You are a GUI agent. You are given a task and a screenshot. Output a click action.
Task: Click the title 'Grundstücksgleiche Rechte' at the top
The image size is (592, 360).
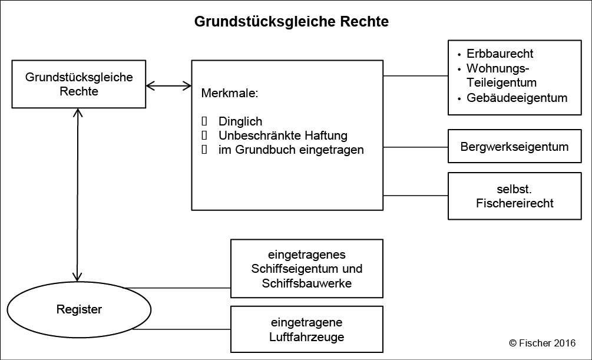tap(292, 22)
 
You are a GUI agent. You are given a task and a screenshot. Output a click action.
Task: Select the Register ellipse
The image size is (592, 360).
tap(79, 309)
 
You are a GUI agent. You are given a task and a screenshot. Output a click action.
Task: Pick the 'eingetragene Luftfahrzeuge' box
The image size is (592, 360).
tap(307, 330)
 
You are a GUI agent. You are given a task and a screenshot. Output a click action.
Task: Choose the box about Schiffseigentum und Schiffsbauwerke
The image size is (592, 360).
tap(307, 269)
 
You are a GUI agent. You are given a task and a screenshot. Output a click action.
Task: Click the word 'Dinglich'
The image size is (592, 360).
tap(240, 122)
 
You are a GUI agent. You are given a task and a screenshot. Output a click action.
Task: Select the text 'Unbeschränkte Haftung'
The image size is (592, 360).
tap(283, 136)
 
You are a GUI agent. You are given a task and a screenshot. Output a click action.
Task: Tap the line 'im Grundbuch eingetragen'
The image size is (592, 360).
tap(291, 150)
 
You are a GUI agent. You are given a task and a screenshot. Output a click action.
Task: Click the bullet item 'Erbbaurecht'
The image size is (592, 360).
tap(500, 54)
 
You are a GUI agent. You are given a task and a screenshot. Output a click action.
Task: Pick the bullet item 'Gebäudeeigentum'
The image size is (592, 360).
tap(517, 98)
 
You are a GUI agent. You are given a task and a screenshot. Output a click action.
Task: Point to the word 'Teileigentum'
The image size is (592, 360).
tap(501, 82)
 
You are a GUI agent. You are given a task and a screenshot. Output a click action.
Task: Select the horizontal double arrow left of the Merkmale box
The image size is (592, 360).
tap(168, 86)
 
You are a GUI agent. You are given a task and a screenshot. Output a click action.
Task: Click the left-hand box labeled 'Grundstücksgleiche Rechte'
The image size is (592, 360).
tap(79, 84)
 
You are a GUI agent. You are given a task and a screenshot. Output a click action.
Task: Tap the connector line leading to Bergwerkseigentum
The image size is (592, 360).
tap(415, 147)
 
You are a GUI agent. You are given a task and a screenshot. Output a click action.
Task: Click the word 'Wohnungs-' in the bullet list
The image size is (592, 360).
tap(493, 68)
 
